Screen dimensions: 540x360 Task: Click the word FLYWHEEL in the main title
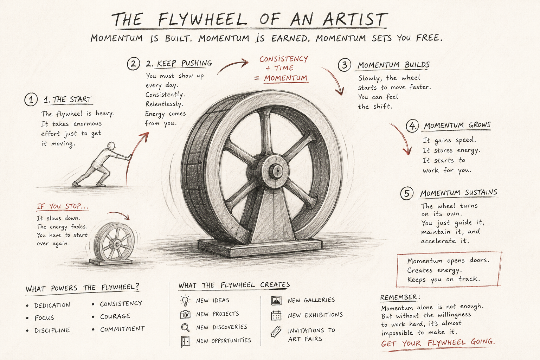(202, 19)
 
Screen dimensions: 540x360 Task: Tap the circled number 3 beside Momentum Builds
(344, 65)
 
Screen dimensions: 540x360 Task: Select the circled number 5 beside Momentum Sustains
(407, 193)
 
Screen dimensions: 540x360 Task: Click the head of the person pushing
(111, 146)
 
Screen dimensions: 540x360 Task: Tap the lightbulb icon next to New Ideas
(185, 300)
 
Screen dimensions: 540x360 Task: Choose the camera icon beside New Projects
(185, 314)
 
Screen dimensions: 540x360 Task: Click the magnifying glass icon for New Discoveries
(185, 327)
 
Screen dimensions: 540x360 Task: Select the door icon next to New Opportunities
(185, 341)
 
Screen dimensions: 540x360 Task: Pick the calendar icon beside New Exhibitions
(276, 315)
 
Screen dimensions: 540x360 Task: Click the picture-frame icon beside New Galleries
(276, 301)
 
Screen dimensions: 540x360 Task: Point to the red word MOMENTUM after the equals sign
(286, 78)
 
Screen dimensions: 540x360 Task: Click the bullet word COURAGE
(115, 316)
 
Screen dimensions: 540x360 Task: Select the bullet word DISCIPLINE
(52, 330)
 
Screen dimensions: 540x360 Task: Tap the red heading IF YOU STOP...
(63, 206)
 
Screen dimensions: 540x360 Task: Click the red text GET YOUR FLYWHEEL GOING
(438, 343)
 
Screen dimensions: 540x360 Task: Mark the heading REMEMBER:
(400, 297)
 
